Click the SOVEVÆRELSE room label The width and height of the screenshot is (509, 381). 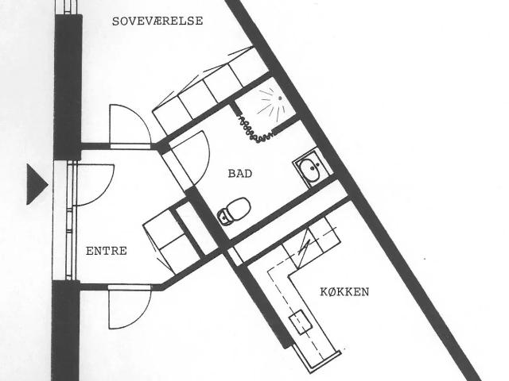[157, 21]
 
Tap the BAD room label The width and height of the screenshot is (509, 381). [240, 174]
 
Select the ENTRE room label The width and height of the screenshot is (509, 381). [106, 251]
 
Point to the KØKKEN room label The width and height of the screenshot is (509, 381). [344, 292]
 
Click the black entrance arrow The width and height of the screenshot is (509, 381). [36, 184]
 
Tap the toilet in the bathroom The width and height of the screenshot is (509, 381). [234, 210]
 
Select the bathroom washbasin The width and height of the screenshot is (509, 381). [311, 169]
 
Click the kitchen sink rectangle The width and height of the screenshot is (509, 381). [301, 321]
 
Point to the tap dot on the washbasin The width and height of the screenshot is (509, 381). [313, 168]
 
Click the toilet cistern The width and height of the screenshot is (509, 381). [223, 217]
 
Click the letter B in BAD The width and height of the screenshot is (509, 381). [232, 174]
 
